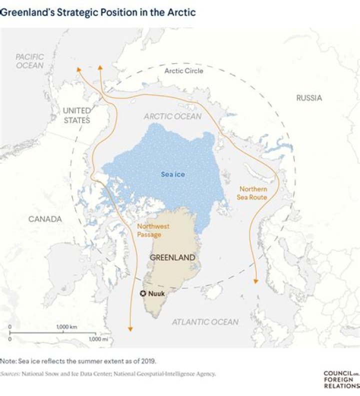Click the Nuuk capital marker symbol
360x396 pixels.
point(142,293)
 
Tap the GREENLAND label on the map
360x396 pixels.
point(172,257)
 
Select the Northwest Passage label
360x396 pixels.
point(153,230)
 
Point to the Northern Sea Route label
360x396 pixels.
point(252,193)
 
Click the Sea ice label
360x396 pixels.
point(173,174)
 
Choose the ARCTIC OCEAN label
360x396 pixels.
point(172,116)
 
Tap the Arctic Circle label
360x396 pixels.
point(183,71)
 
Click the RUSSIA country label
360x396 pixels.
point(309,98)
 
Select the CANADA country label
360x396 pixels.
point(45,219)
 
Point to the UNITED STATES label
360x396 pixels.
point(76,115)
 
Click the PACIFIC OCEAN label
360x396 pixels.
point(29,61)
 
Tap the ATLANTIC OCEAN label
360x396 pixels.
point(205,322)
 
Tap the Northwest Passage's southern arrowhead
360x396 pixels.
point(130,328)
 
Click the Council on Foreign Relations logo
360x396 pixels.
point(341,379)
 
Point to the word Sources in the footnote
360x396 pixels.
point(10,373)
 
